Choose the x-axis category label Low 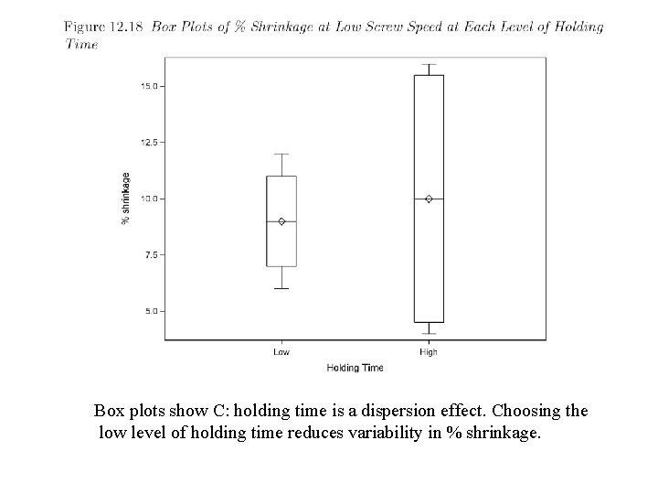[x=281, y=351]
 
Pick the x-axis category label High [x=429, y=351]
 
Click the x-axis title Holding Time [x=355, y=368]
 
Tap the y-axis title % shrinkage [x=126, y=199]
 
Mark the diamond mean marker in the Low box [x=281, y=221]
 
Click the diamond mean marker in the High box [x=429, y=199]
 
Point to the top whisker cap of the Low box [x=281, y=154]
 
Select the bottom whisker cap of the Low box [x=281, y=288]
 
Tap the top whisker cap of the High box [x=429, y=64]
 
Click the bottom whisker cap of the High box [x=429, y=333]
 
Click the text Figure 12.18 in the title [x=102, y=27]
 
